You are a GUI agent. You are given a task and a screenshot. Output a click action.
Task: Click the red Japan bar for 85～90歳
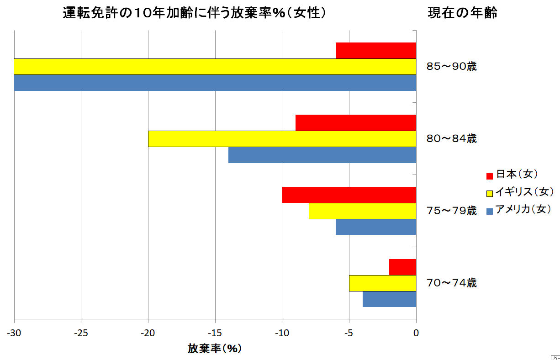click(x=376, y=50)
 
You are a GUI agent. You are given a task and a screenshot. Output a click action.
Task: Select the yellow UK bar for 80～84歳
click(x=282, y=139)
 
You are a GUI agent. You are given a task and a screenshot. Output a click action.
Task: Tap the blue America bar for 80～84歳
click(x=322, y=155)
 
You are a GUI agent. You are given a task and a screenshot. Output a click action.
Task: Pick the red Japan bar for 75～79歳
click(x=349, y=195)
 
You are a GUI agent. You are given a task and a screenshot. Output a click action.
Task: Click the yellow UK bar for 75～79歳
click(x=362, y=211)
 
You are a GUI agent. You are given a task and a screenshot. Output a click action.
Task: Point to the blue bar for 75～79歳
click(x=376, y=227)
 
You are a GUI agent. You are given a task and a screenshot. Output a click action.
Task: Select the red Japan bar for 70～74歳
click(x=402, y=267)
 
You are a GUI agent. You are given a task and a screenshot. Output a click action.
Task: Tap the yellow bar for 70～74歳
click(x=382, y=283)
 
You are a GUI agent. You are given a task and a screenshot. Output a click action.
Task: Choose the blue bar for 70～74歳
click(x=389, y=299)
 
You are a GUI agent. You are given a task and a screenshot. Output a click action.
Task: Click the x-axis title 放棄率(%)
click(x=214, y=349)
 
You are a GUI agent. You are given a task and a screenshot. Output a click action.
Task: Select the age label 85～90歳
click(x=451, y=67)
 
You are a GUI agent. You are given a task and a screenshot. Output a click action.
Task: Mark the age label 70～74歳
click(x=451, y=283)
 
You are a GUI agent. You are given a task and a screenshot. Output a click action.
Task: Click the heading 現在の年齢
click(x=462, y=13)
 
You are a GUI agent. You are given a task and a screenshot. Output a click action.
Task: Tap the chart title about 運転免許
click(x=195, y=13)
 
